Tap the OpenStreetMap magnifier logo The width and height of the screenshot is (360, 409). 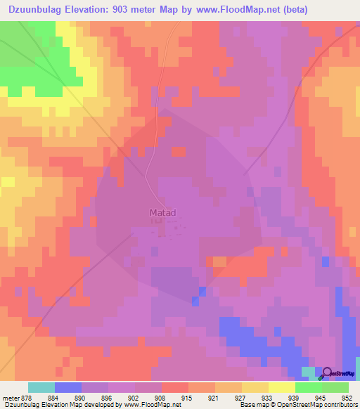click(x=326, y=374)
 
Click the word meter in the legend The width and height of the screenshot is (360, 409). click(x=10, y=397)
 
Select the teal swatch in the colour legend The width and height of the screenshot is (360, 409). click(x=41, y=387)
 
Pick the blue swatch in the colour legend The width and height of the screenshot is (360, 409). click(x=68, y=387)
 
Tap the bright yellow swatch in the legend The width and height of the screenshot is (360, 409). click(x=281, y=387)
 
